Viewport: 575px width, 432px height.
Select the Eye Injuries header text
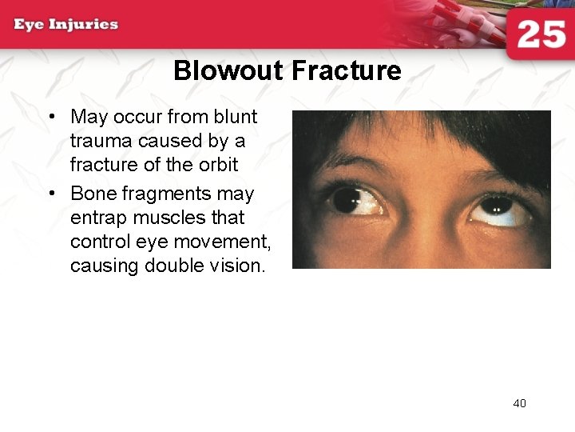pos(66,24)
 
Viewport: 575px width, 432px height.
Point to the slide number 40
pos(519,403)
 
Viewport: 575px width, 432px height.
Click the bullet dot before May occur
pos(51,118)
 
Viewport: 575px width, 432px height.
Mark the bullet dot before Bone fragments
pos(51,194)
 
